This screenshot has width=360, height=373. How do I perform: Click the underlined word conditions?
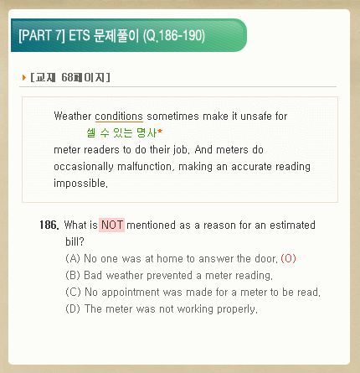tap(119, 117)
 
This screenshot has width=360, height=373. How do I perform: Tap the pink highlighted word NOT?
tap(111, 225)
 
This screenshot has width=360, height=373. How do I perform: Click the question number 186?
tap(49, 225)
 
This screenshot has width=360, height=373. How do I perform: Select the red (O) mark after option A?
tap(288, 258)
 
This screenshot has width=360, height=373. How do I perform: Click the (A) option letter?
tap(73, 258)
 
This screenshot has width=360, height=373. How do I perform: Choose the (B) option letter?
tap(73, 275)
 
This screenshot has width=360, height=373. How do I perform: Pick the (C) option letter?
tap(73, 292)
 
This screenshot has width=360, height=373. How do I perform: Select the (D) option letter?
tap(73, 308)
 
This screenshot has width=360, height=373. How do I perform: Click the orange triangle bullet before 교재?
tap(24, 77)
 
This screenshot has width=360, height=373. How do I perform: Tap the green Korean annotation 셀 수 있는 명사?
tap(121, 132)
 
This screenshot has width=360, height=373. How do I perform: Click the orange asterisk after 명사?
tap(160, 131)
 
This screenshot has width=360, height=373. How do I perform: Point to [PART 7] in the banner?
tap(42, 36)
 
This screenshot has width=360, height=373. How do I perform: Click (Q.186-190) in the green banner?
tap(174, 36)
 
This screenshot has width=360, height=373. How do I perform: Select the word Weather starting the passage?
tap(73, 116)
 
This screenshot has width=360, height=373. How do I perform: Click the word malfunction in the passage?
tap(145, 167)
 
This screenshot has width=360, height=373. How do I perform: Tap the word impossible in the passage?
tap(80, 184)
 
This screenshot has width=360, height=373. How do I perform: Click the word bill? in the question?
tap(75, 241)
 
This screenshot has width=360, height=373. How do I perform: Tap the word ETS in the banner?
tap(80, 36)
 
